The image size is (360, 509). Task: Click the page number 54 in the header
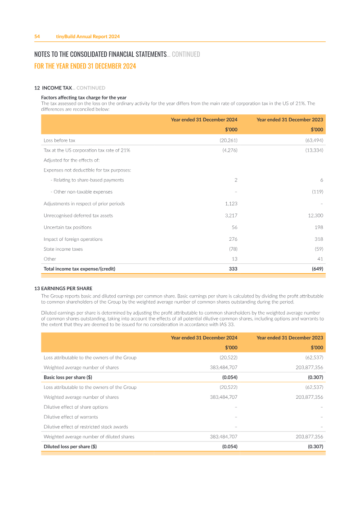click(37, 36)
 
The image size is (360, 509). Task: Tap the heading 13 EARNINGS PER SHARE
click(63, 288)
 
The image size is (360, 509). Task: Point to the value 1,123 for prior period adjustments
click(231, 203)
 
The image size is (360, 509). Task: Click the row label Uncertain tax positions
click(67, 227)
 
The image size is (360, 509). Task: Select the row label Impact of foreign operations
click(73, 239)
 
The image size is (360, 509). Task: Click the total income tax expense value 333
click(233, 269)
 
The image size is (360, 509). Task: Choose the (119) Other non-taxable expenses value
click(317, 192)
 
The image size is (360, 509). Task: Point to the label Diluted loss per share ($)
click(70, 446)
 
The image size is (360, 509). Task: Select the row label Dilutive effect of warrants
click(71, 417)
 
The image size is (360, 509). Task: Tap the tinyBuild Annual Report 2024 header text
click(88, 36)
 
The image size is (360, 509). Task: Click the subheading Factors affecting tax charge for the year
click(84, 98)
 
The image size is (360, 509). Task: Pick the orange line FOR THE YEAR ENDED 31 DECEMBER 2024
click(85, 66)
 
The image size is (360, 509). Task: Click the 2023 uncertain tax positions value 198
click(318, 227)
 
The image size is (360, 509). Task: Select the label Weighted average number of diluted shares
click(89, 437)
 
